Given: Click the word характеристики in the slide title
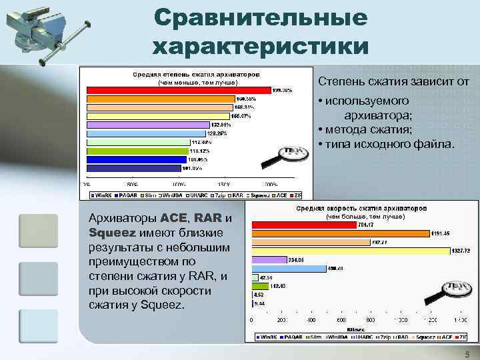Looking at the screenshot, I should pos(260,47).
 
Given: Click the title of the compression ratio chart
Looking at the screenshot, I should pos(197,73).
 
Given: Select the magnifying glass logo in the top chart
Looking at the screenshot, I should pos(290,157).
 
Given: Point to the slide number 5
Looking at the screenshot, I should pos(467,355).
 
